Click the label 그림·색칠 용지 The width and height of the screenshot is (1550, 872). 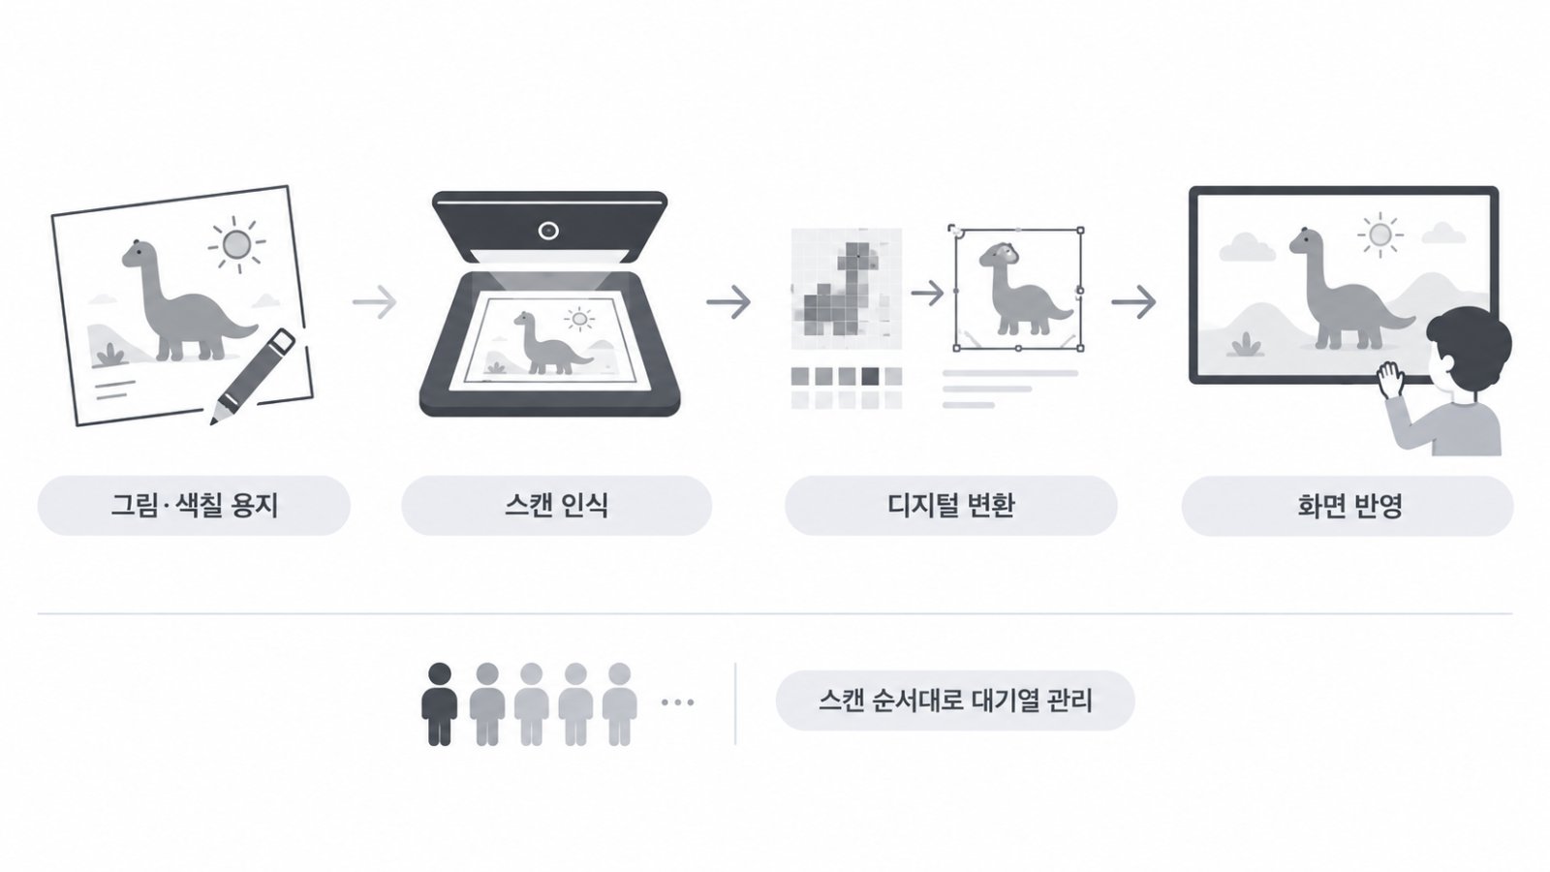(195, 505)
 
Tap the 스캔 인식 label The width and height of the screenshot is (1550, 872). (556, 505)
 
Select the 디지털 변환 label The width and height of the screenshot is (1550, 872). (950, 505)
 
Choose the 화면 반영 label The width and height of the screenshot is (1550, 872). (1348, 506)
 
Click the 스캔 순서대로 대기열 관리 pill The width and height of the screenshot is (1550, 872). (955, 701)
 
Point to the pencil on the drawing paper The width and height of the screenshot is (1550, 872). (253, 376)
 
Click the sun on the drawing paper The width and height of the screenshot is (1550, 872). (236, 244)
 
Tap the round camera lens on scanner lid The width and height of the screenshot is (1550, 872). (548, 231)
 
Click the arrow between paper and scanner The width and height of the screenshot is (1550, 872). (374, 301)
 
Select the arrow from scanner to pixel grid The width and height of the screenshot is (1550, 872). (728, 301)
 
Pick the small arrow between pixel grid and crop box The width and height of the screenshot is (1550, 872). (927, 293)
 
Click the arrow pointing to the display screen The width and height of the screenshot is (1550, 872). (1133, 301)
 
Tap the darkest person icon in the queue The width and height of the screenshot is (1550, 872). (440, 703)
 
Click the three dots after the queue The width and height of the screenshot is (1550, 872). (677, 702)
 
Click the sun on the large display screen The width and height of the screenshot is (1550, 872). (1379, 235)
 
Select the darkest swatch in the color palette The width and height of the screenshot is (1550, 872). (871, 377)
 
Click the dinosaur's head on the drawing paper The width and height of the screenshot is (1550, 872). (137, 253)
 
